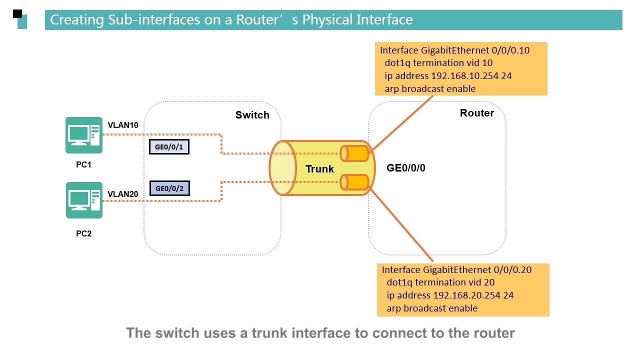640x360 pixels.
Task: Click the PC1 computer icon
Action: [x=83, y=135]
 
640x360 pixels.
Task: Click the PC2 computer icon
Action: [x=84, y=200]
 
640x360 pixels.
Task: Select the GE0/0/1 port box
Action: [x=169, y=146]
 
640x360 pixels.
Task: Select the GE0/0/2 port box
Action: [x=169, y=188]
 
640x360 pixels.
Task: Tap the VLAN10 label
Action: [x=123, y=125]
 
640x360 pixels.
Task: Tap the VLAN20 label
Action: [x=123, y=194]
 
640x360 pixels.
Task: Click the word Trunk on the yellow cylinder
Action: [x=319, y=169]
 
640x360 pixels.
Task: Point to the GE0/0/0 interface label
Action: [x=405, y=167]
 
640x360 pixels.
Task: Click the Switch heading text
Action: [x=252, y=115]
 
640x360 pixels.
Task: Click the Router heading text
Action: [x=476, y=113]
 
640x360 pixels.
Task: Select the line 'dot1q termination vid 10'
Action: [x=438, y=63]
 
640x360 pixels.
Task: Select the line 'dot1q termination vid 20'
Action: [x=440, y=282]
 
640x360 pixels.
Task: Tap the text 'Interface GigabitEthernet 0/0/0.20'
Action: [x=456, y=269]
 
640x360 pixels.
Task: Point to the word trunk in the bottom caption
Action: [x=267, y=333]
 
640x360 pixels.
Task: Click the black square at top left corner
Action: [x=17, y=13]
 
